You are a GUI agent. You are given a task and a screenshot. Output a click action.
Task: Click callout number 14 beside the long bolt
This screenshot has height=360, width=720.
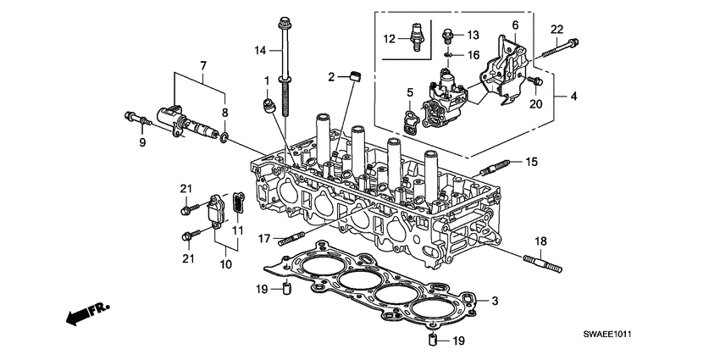point(261,51)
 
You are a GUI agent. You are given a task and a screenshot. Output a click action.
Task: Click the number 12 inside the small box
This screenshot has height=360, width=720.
point(389,39)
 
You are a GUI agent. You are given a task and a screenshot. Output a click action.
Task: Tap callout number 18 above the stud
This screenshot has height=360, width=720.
point(539,241)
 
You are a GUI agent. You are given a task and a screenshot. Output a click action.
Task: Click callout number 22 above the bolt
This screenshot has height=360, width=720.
point(557,29)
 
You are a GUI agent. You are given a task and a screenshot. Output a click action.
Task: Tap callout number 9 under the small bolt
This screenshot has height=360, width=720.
point(142,143)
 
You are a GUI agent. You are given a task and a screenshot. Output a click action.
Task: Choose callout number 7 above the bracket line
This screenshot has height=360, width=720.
point(202,65)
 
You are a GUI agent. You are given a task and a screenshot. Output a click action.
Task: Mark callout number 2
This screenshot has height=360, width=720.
point(332,77)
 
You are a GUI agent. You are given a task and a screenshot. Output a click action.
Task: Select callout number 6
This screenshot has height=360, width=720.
point(514,25)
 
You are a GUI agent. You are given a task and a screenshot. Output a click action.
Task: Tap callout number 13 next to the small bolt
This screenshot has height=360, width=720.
point(474,35)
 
